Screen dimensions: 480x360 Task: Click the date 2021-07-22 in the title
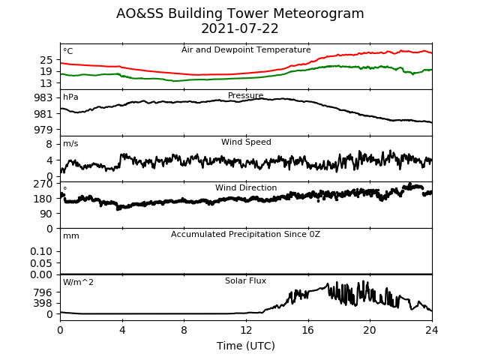(x=240, y=28)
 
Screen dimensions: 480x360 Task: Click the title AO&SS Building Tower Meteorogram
(x=240, y=13)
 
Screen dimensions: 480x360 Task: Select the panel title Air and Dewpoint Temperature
(x=246, y=50)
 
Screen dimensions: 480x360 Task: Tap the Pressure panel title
(x=246, y=95)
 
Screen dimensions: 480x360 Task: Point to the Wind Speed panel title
(x=246, y=142)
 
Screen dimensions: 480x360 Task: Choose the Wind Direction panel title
(x=246, y=187)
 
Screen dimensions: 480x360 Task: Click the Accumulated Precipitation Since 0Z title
(x=245, y=234)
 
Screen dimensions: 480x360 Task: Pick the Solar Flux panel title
(x=245, y=280)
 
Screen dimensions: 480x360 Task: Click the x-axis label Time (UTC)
(x=246, y=346)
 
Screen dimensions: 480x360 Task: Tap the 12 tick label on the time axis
(x=246, y=330)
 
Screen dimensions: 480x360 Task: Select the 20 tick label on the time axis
(x=370, y=330)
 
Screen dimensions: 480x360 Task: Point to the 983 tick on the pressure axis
(x=43, y=98)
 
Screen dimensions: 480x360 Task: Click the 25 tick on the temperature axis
(x=46, y=60)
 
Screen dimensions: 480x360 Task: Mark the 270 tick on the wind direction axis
(x=43, y=184)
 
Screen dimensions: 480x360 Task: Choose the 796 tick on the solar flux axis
(x=43, y=292)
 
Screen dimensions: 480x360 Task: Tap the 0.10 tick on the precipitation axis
(x=41, y=252)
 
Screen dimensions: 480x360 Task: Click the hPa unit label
(x=70, y=97)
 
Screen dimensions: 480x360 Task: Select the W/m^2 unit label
(x=78, y=282)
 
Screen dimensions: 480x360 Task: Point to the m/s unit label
(x=70, y=143)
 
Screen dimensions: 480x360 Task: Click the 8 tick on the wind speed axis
(x=49, y=144)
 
